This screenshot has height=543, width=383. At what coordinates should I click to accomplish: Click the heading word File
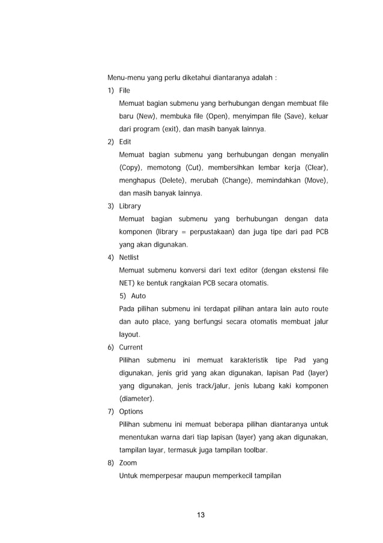point(124,90)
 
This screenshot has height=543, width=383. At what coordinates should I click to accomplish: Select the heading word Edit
point(125,141)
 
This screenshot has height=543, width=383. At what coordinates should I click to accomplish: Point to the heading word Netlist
point(129,257)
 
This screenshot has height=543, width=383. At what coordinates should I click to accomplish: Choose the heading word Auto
point(138,296)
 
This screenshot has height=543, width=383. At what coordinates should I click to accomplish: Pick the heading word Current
point(131,348)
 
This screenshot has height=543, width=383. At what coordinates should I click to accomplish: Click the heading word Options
point(131,412)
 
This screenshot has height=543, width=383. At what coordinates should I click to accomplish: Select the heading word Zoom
point(128,463)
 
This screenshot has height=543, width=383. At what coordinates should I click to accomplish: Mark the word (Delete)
point(178,180)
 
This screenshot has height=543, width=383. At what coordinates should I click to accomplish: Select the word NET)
point(128,283)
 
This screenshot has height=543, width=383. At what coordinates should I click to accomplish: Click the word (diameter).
point(137,399)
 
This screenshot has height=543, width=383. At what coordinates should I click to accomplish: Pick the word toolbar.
point(254,450)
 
